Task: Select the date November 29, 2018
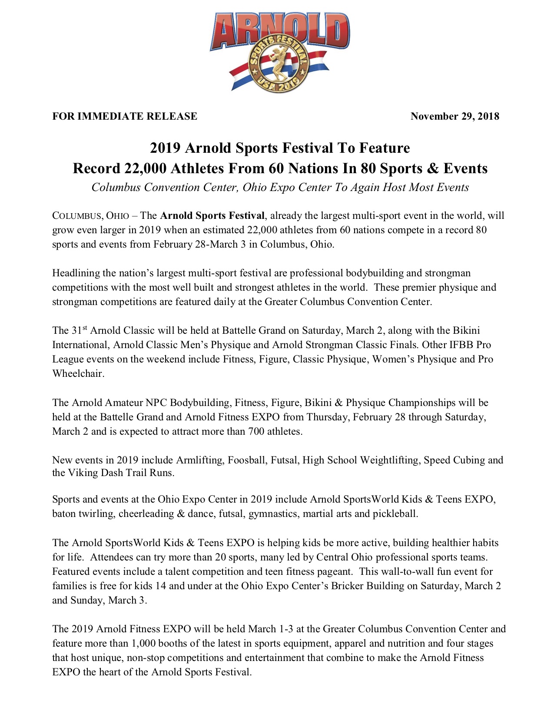click(x=454, y=116)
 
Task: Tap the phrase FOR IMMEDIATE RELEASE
click(x=125, y=116)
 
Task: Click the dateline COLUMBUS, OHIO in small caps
click(x=91, y=216)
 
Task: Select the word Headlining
click(x=76, y=273)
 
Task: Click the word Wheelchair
click(x=78, y=374)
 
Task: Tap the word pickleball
click(x=395, y=514)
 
